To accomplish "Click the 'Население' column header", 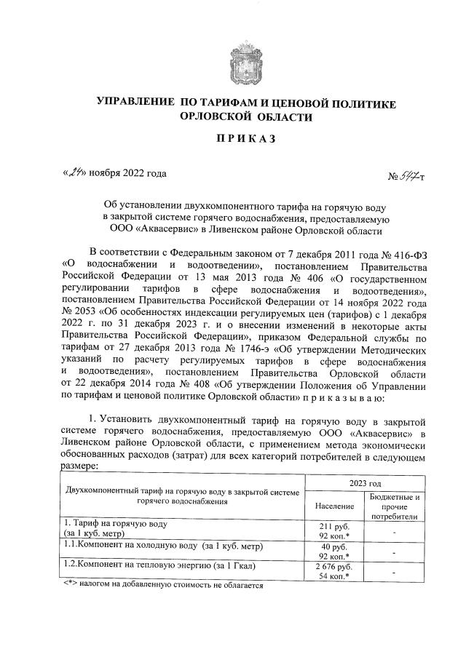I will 335,505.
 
